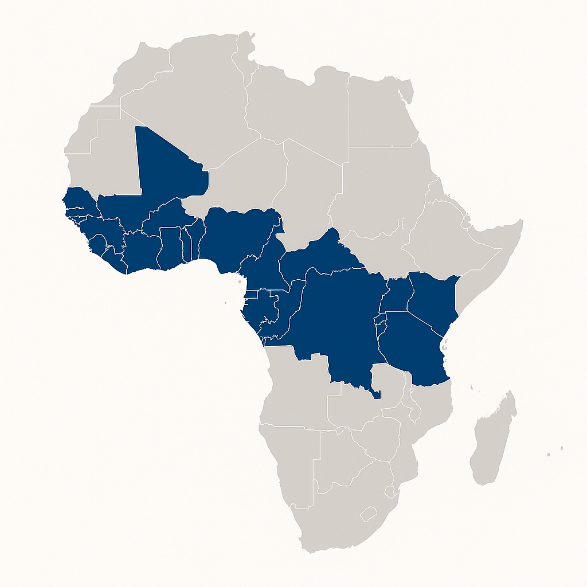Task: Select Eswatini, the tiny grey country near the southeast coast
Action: (x=391, y=492)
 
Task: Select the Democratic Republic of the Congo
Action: (x=338, y=321)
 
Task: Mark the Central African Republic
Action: (x=321, y=255)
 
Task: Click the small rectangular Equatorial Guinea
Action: (x=251, y=295)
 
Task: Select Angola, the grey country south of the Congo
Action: (x=298, y=390)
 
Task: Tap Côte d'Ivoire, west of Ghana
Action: (x=140, y=252)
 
